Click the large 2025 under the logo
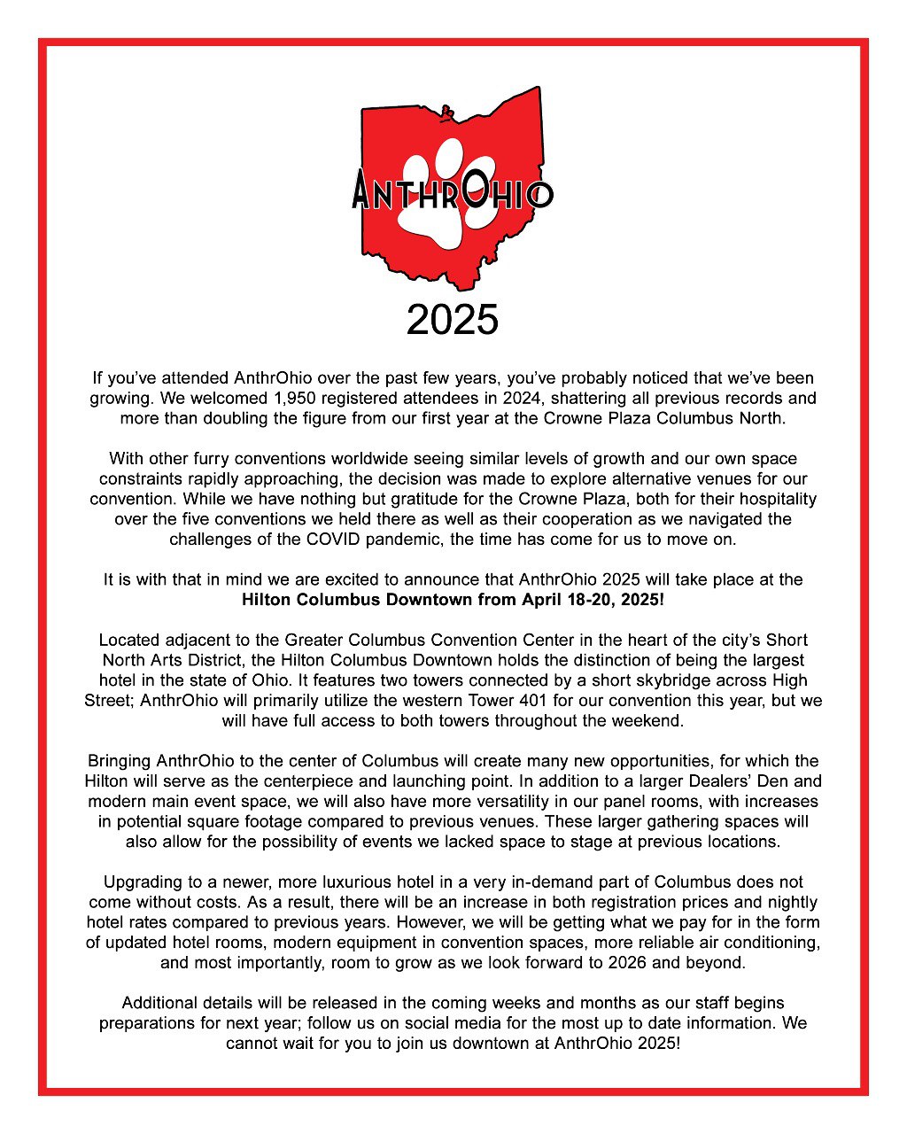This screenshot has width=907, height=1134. [x=453, y=320]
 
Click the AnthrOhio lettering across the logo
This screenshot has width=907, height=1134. [x=453, y=190]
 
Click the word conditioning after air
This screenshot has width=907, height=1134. [x=768, y=943]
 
